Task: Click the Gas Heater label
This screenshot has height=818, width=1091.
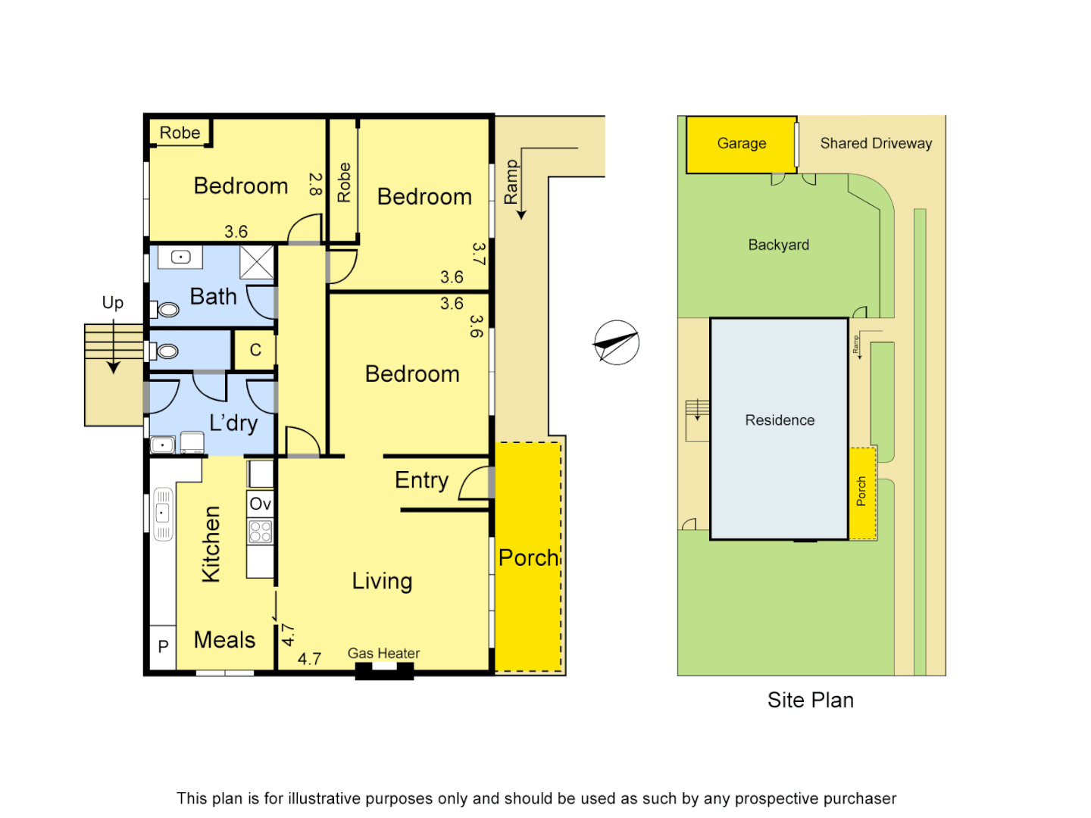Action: (x=383, y=653)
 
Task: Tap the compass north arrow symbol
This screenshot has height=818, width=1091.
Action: (x=616, y=342)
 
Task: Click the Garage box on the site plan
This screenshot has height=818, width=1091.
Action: (x=741, y=144)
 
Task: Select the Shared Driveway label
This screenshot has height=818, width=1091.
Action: (x=876, y=143)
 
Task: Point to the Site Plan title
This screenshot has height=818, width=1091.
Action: (x=810, y=700)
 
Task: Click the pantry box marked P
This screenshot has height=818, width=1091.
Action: (x=163, y=647)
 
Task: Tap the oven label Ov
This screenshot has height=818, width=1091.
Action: (x=260, y=504)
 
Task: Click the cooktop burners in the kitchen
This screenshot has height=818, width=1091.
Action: (x=260, y=531)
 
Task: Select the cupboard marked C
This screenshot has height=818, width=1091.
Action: (x=255, y=350)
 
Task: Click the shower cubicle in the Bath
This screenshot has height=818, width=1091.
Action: (x=257, y=263)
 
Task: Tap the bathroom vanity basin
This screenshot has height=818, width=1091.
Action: (x=180, y=258)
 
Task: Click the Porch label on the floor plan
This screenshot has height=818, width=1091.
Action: (x=529, y=558)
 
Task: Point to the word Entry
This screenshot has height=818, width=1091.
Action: (x=421, y=480)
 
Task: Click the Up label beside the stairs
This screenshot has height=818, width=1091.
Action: (x=113, y=303)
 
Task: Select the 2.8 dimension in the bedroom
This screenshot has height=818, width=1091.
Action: (x=315, y=184)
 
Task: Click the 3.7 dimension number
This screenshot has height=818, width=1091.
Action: (x=477, y=254)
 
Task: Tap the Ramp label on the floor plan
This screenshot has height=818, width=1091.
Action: (x=511, y=182)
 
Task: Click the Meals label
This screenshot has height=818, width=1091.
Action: (x=224, y=640)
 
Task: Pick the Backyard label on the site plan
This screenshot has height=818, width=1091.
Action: (x=778, y=245)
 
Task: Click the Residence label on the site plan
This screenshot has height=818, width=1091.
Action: (x=780, y=420)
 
